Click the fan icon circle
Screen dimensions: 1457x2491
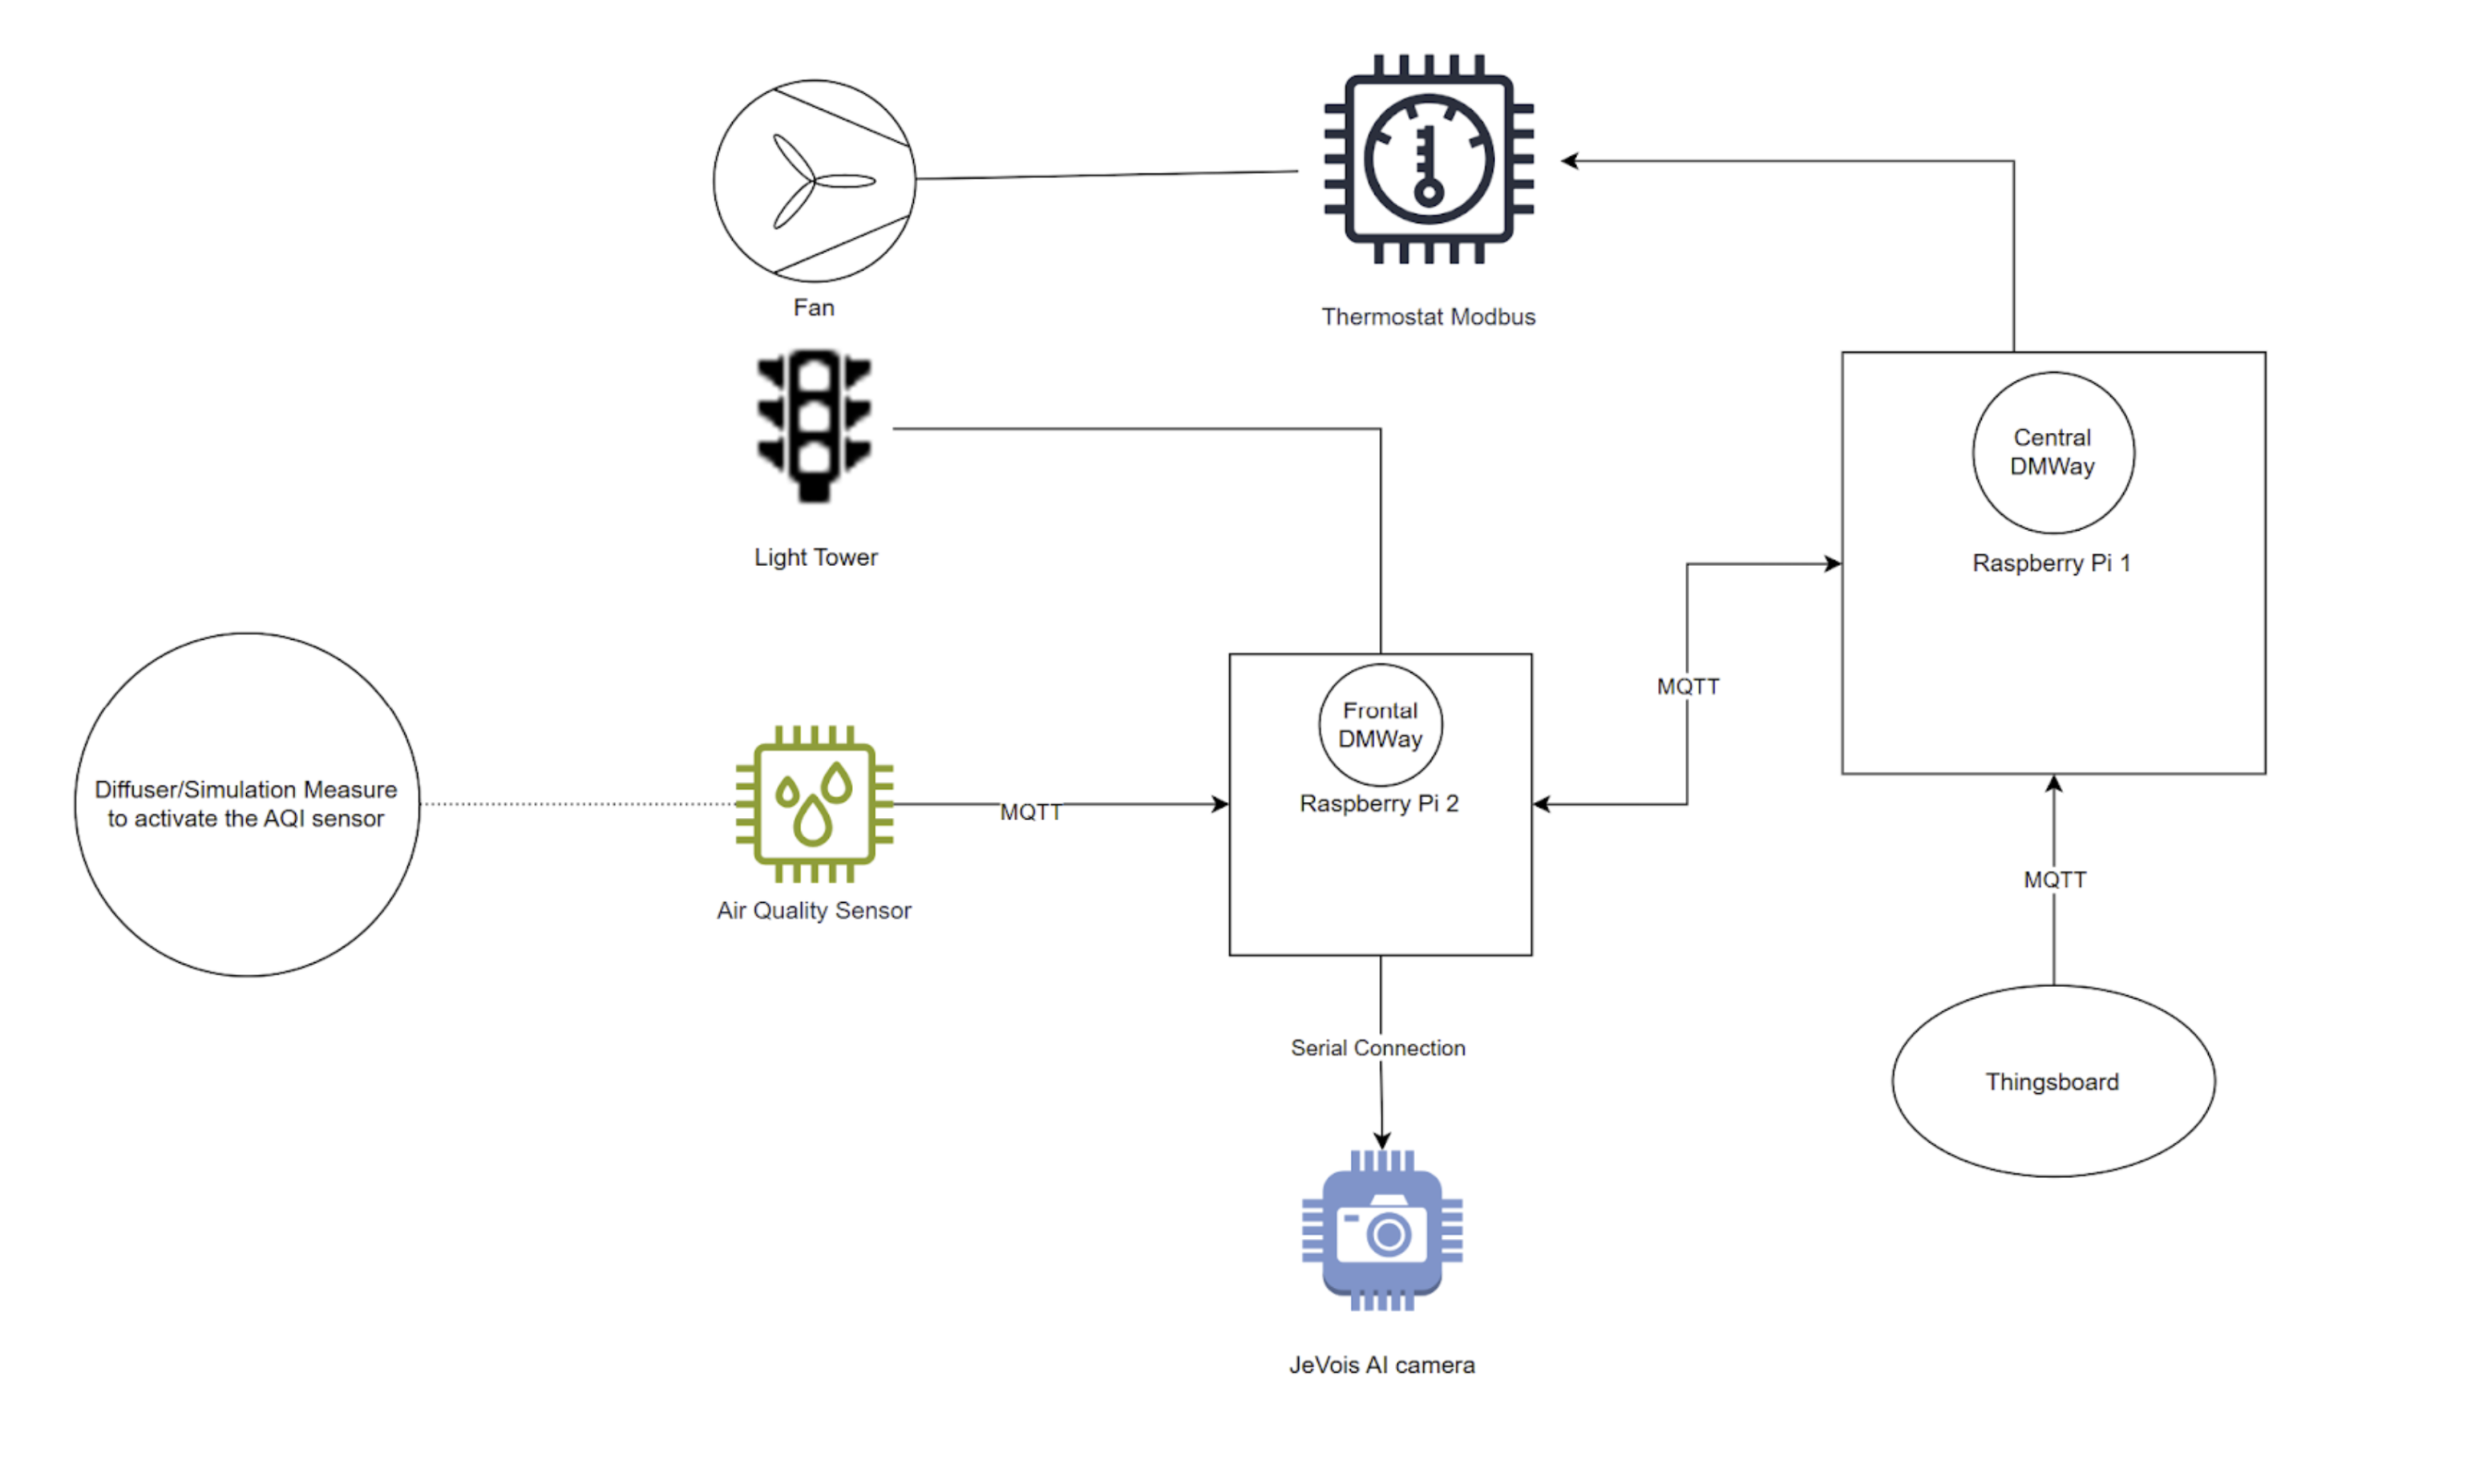(814, 181)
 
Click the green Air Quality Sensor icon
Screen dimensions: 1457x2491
(814, 803)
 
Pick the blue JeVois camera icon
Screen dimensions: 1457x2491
(1382, 1231)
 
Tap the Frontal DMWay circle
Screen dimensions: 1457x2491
(1380, 725)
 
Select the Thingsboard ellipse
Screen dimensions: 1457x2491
(2052, 1082)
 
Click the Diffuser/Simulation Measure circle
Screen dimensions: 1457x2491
(246, 803)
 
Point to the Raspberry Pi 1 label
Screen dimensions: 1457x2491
(2051, 564)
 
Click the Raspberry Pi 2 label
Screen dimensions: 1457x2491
(1379, 803)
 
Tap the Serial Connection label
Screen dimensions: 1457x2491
(1378, 1048)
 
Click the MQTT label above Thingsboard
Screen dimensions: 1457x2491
(2054, 880)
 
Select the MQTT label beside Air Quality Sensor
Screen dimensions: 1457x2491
(1030, 812)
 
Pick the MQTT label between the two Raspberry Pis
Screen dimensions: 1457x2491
(1688, 686)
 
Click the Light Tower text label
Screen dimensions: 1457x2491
(815, 557)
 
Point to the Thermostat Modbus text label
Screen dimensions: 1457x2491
(1429, 318)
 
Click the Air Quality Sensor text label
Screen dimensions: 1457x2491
(814, 910)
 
